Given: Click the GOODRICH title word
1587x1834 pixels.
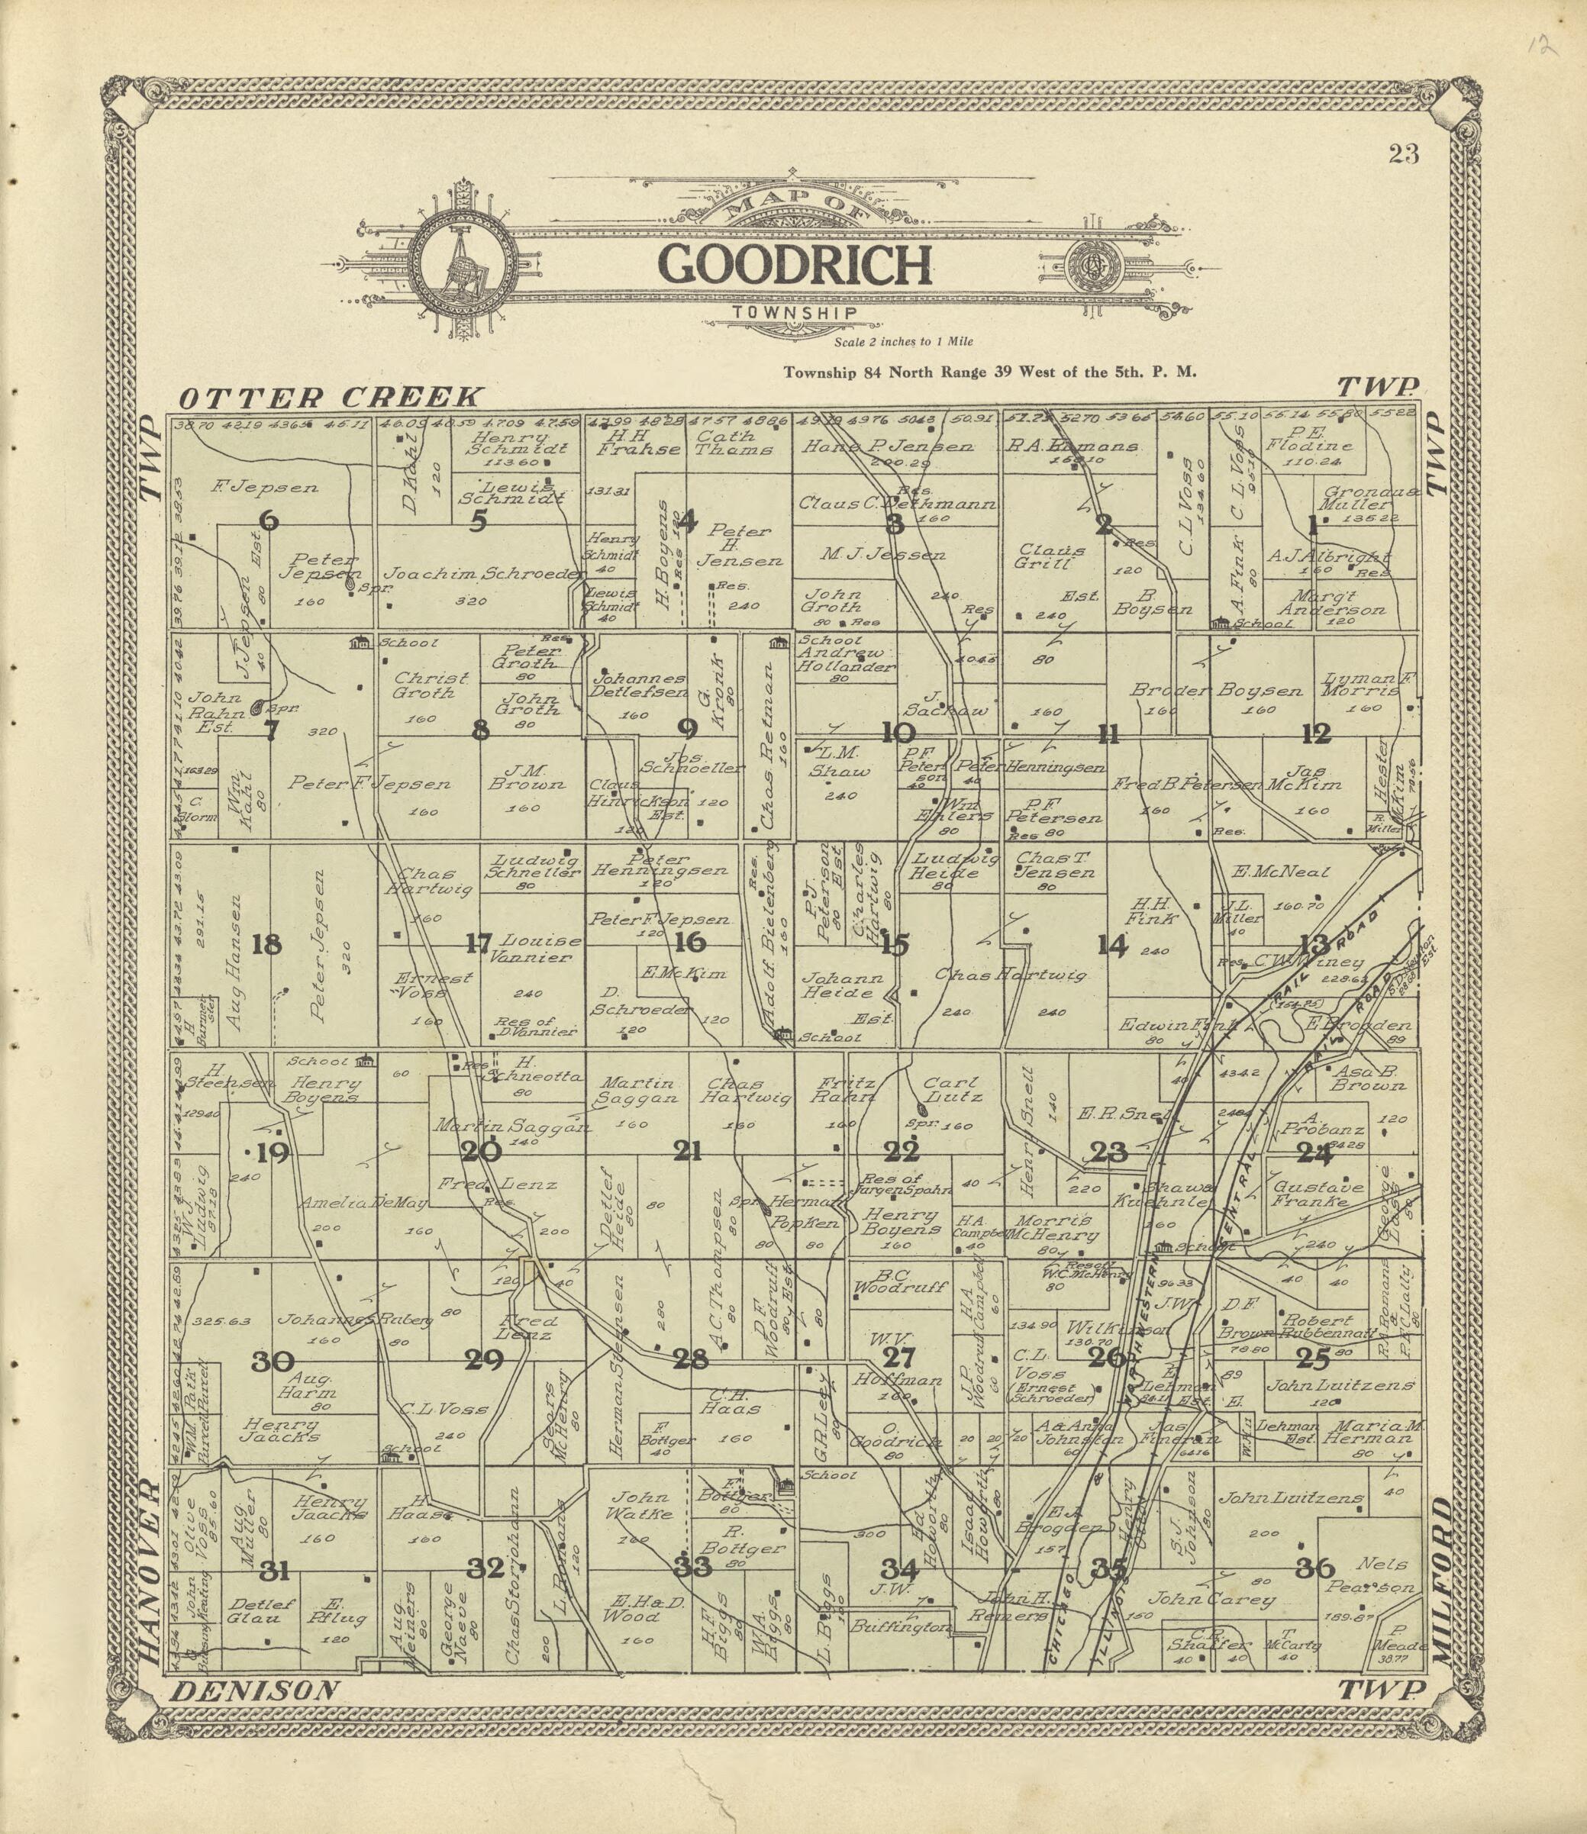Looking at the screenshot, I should [x=795, y=263].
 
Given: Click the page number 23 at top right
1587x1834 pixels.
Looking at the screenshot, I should [x=1404, y=154].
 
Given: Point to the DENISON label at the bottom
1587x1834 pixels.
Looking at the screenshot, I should [x=253, y=1691].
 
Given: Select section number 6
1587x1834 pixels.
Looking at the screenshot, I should [x=269, y=521].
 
